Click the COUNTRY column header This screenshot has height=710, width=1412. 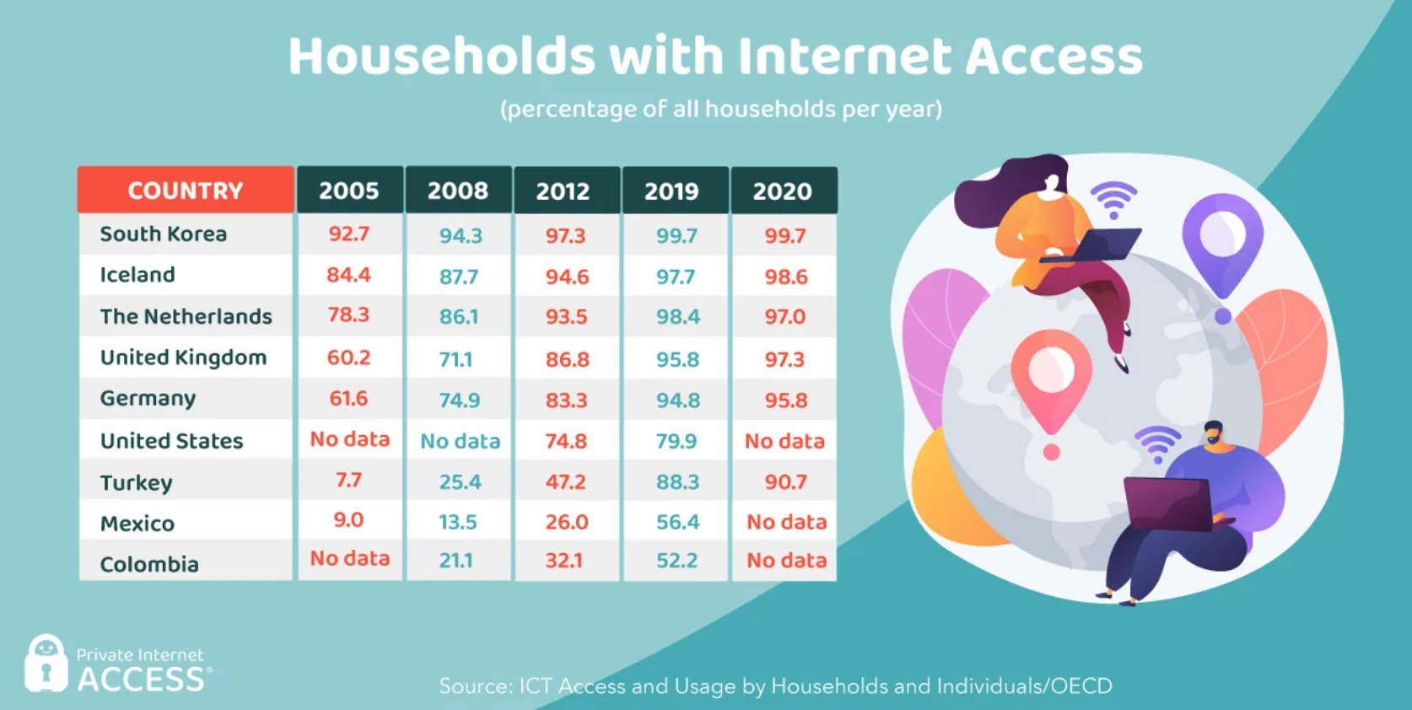point(186,191)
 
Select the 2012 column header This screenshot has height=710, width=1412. point(563,191)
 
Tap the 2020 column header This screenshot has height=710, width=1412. point(782,191)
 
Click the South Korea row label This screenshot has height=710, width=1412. point(164,234)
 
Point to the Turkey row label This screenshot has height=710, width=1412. point(136,482)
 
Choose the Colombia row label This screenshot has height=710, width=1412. point(149,564)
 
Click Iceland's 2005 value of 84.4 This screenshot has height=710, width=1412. point(348,275)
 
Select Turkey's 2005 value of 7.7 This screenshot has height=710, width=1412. point(348,481)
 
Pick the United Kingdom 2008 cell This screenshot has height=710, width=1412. point(456,359)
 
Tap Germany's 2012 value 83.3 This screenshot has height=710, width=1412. point(566,401)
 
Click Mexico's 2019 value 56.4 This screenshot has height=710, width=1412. point(677,522)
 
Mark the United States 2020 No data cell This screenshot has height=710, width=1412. point(784,441)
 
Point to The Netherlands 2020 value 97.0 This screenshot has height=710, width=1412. point(784,317)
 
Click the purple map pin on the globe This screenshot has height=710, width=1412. point(1222,245)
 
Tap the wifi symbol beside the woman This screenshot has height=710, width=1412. point(1113,199)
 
